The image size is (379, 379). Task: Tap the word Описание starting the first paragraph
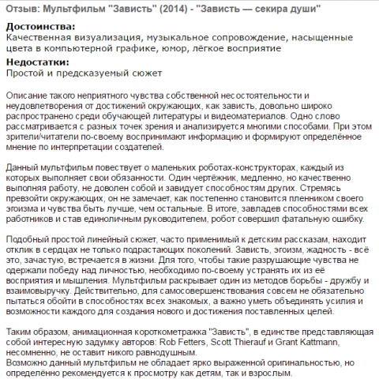[28, 96]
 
